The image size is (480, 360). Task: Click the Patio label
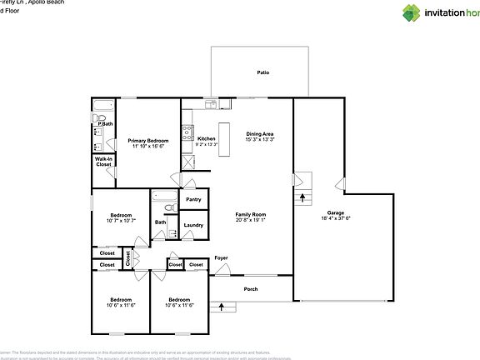(x=262, y=72)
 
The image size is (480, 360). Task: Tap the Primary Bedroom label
(x=147, y=141)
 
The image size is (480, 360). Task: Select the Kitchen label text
(x=207, y=138)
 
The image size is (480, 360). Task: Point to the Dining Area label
(x=260, y=133)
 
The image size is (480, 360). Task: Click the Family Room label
(x=250, y=214)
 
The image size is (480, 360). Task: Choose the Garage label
(x=335, y=212)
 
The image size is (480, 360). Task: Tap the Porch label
(x=251, y=289)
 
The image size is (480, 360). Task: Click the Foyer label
(x=221, y=257)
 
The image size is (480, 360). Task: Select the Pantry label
(x=193, y=199)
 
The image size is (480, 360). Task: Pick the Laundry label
(x=193, y=225)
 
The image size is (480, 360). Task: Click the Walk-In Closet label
(x=103, y=162)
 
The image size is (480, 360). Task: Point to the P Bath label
(x=105, y=124)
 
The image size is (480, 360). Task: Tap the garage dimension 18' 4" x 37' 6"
(x=335, y=219)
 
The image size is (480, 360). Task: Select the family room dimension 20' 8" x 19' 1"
(x=250, y=221)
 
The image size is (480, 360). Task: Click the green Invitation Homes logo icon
(x=388, y=12)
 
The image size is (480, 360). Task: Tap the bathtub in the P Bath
(x=102, y=106)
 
